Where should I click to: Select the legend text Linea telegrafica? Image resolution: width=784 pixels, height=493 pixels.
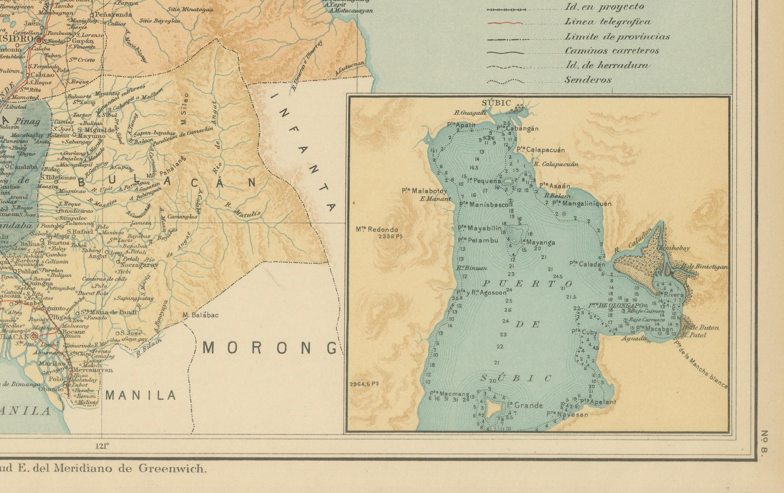coord(608,22)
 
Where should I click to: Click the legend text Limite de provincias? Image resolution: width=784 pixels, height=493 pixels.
coord(617,37)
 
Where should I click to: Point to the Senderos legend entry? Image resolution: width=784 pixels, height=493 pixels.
coord(588,80)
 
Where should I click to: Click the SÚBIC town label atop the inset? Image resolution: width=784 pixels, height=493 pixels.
coord(492,103)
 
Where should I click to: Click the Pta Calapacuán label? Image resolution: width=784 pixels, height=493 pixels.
coord(540,150)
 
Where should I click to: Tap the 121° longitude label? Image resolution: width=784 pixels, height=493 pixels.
coord(102,446)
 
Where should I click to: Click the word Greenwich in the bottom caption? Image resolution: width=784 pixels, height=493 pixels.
coord(173,469)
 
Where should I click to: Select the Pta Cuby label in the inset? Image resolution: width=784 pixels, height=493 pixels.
coord(585,332)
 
